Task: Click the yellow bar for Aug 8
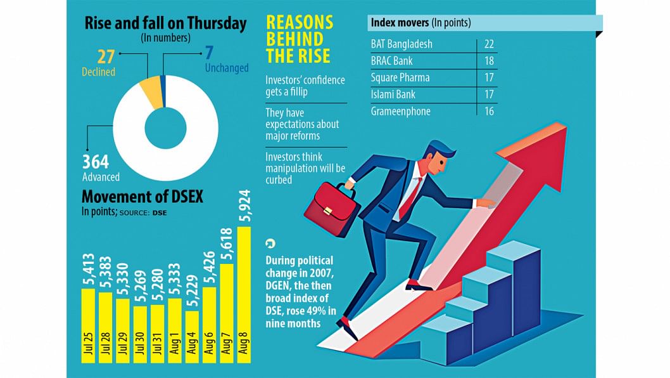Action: tap(244, 298)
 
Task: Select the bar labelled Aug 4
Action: tap(192, 336)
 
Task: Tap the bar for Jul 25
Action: tap(87, 325)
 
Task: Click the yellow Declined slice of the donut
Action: tap(153, 90)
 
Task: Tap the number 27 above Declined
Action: tap(105, 56)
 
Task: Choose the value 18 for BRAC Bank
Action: tap(488, 61)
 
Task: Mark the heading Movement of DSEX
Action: tap(142, 197)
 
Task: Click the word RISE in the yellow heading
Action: tap(298, 56)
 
